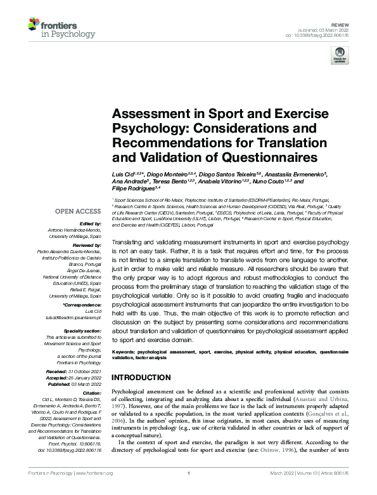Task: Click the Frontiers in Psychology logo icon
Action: tap(34, 25)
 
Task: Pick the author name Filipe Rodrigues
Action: tap(132, 188)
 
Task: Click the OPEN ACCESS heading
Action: tap(78, 211)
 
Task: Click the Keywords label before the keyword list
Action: tap(124, 351)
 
